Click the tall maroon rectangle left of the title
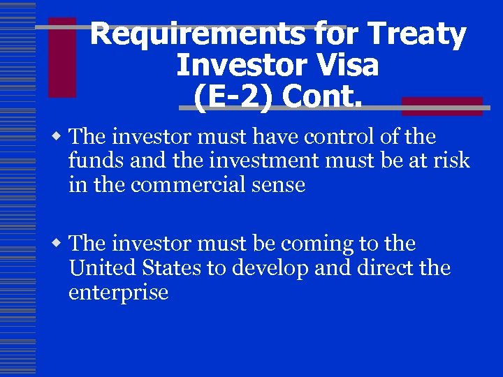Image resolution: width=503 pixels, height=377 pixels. coord(62,57)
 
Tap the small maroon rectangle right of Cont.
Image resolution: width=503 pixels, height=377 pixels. coord(442,106)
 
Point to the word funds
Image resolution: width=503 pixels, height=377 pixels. coord(95,161)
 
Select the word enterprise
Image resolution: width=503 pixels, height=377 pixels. coord(118,293)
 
